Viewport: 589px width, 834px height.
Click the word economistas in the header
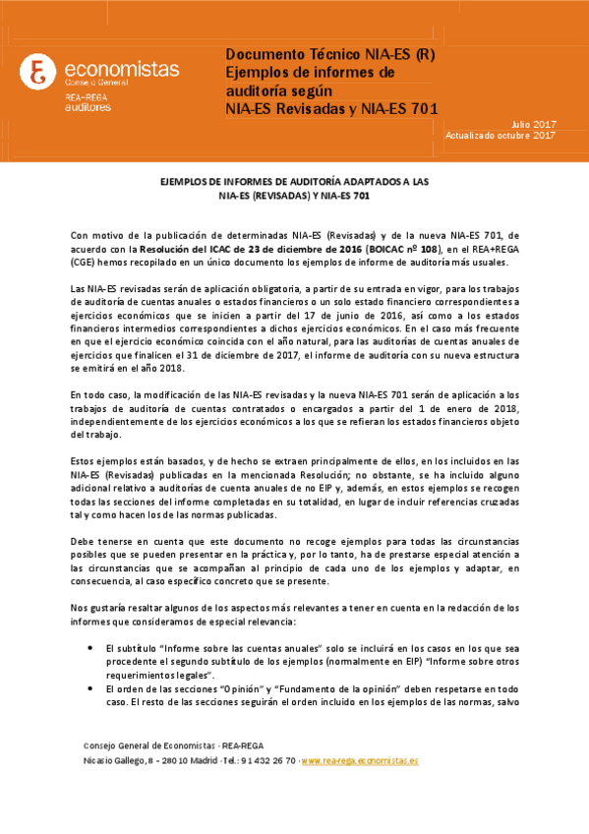point(121,69)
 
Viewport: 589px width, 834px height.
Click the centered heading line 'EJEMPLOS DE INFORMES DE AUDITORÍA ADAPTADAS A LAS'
point(294,183)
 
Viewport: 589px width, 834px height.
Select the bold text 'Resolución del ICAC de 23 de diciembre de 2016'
point(254,249)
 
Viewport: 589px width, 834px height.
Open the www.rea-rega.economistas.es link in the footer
point(361,761)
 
